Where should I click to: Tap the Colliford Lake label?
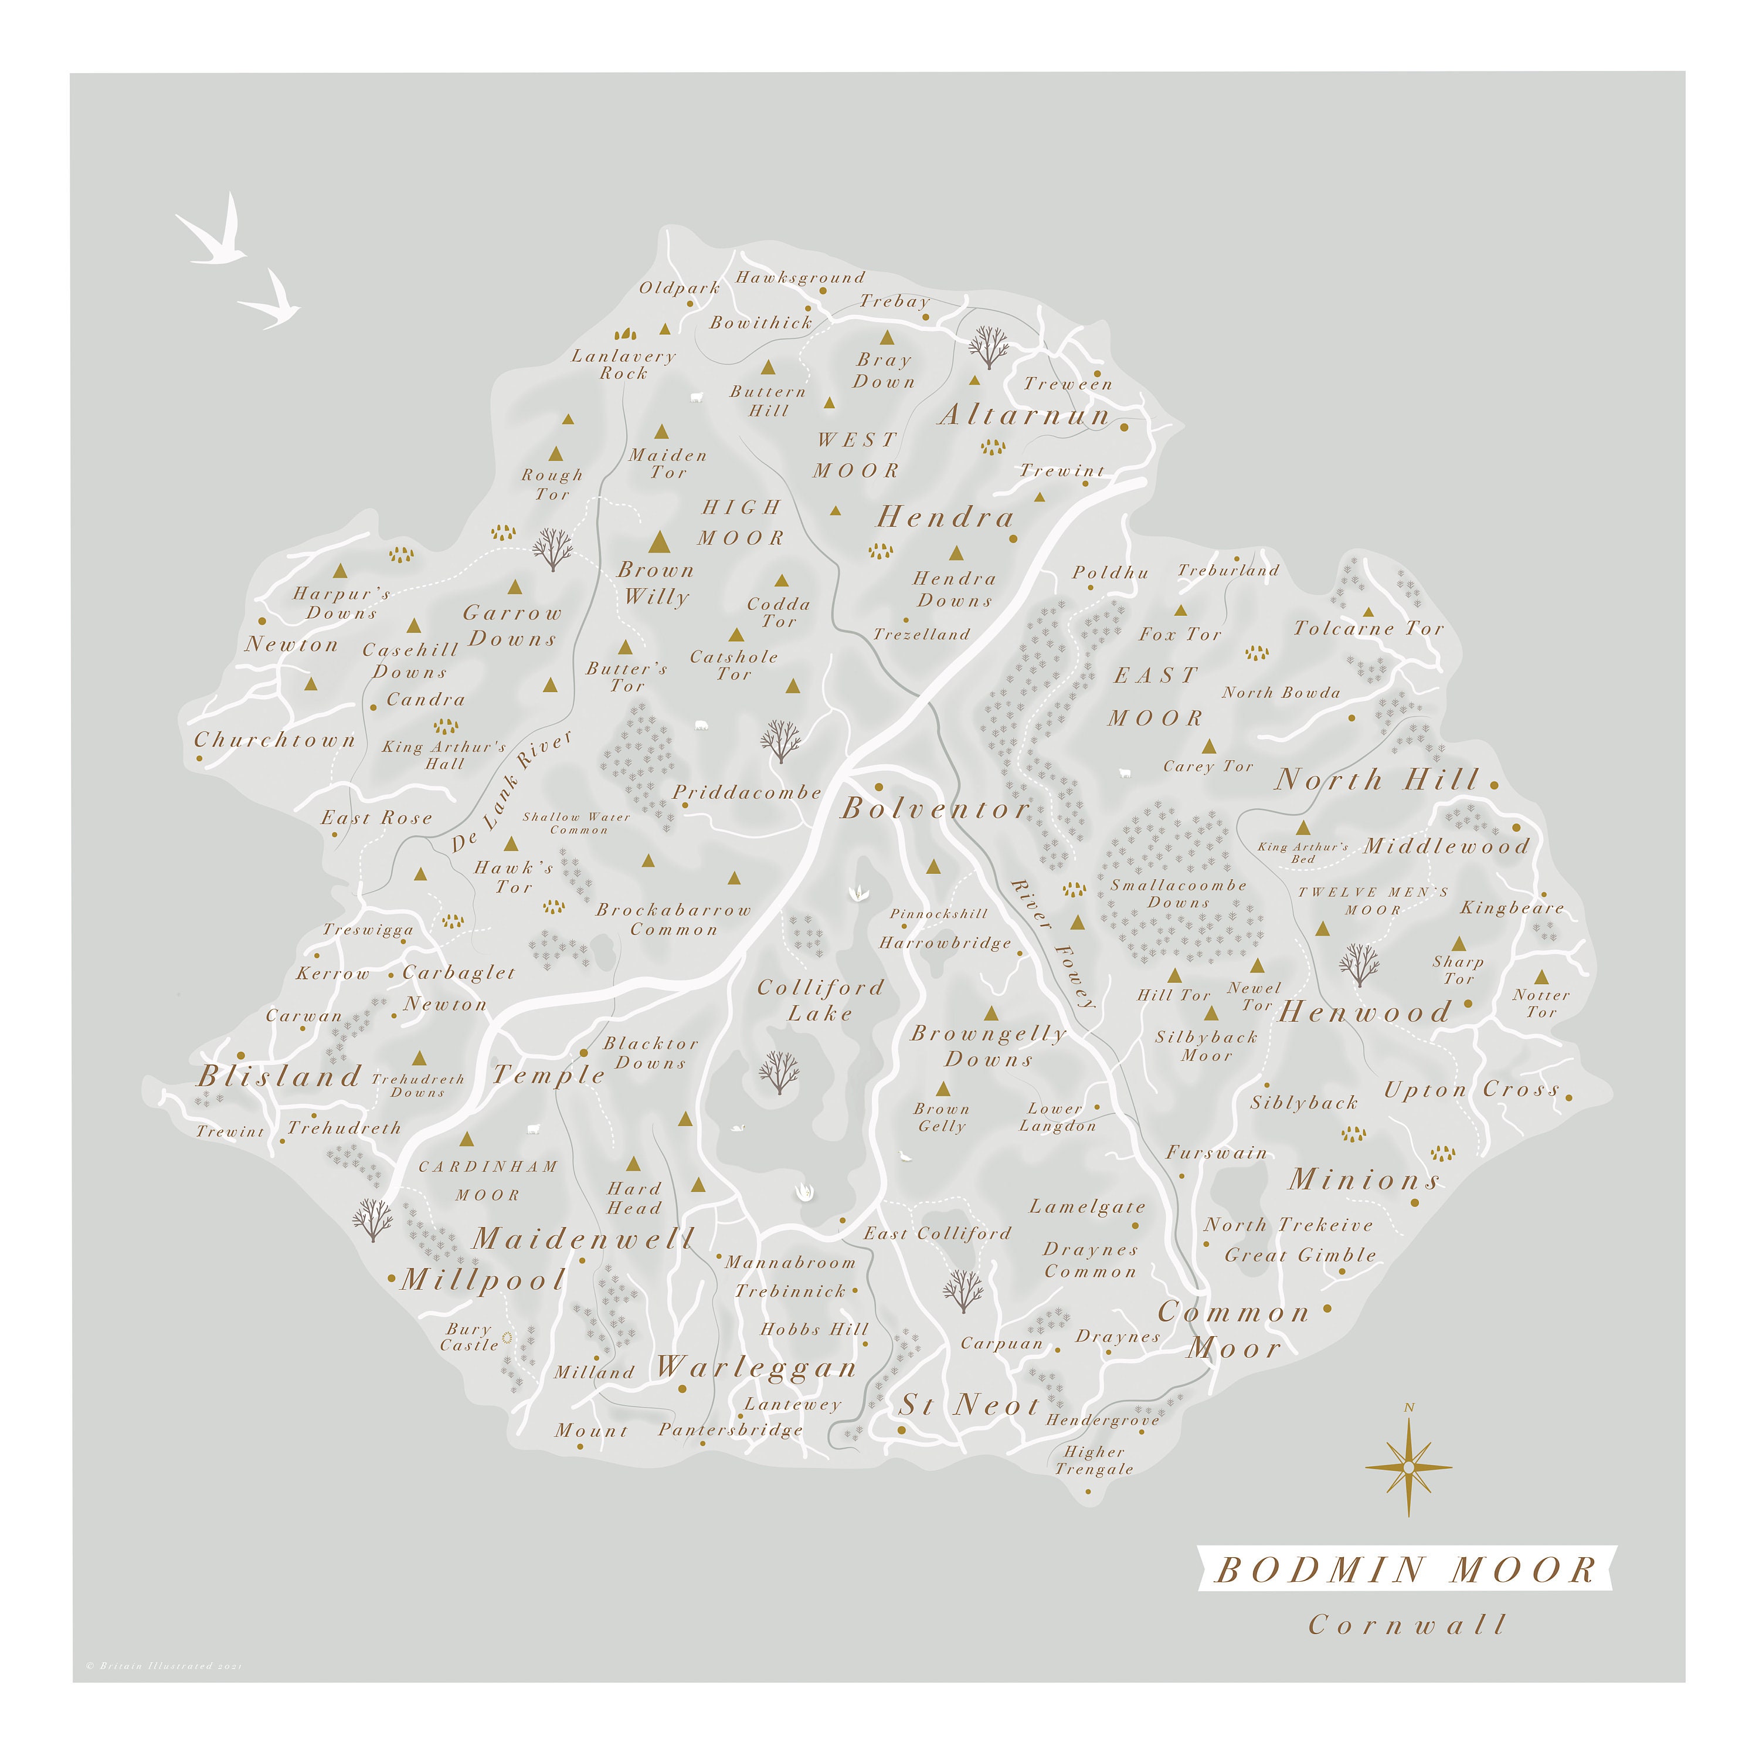click(820, 1000)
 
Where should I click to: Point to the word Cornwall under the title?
click(1407, 1625)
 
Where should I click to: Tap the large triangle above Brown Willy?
click(659, 544)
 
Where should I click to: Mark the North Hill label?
click(1377, 779)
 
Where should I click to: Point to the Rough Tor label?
click(552, 484)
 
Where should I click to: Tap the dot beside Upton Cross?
click(1568, 1097)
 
